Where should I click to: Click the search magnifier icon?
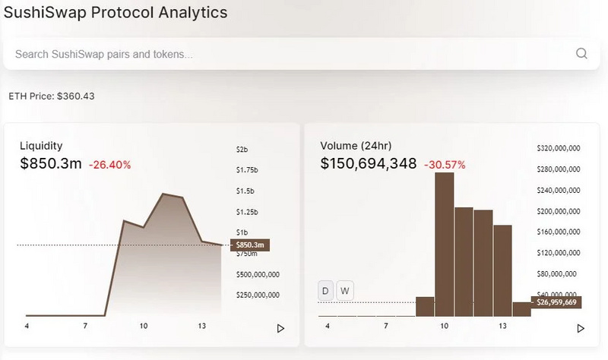[581, 53]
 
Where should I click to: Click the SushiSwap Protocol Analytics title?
[116, 13]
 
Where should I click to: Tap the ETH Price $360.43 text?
[52, 96]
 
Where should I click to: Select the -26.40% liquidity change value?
[110, 164]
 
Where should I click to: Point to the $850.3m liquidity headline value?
[51, 163]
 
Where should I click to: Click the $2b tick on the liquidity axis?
[242, 149]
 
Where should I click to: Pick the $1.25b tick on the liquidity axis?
[247, 212]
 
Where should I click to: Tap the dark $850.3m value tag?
[250, 245]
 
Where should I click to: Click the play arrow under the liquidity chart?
[280, 328]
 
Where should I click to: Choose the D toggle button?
[326, 290]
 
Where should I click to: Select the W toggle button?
[344, 290]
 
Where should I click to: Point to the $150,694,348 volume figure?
[369, 163]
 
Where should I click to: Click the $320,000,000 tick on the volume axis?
[559, 148]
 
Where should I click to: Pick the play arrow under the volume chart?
[581, 328]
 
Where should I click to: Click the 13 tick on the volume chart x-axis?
[502, 326]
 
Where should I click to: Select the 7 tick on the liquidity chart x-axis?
[86, 326]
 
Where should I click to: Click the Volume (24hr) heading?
[355, 145]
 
